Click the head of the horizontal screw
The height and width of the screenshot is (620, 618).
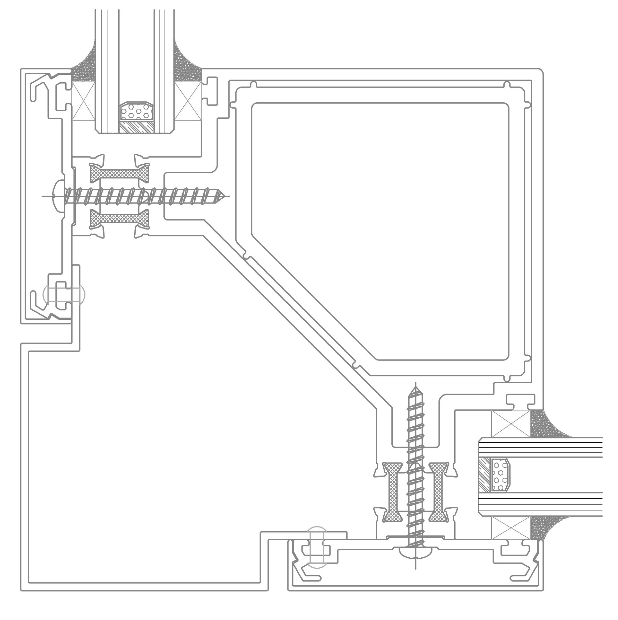(58, 196)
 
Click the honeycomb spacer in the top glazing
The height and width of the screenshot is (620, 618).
(136, 112)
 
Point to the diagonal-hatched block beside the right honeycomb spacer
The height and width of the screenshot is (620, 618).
(484, 475)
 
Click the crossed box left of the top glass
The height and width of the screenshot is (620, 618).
(83, 101)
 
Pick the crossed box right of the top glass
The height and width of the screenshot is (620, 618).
(188, 101)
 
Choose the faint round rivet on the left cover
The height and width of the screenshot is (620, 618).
(64, 294)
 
